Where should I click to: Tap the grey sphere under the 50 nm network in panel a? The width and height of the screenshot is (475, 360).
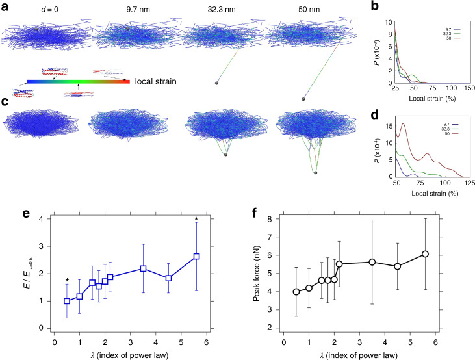(303, 99)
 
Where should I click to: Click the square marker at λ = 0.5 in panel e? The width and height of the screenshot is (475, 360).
(67, 301)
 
